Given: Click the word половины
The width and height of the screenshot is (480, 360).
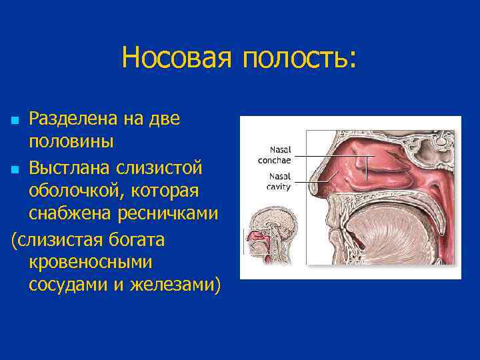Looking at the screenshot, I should tap(71, 143).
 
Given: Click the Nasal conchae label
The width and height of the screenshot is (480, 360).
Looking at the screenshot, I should tap(275, 155).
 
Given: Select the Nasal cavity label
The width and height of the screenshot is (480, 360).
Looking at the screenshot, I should tap(275, 181).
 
